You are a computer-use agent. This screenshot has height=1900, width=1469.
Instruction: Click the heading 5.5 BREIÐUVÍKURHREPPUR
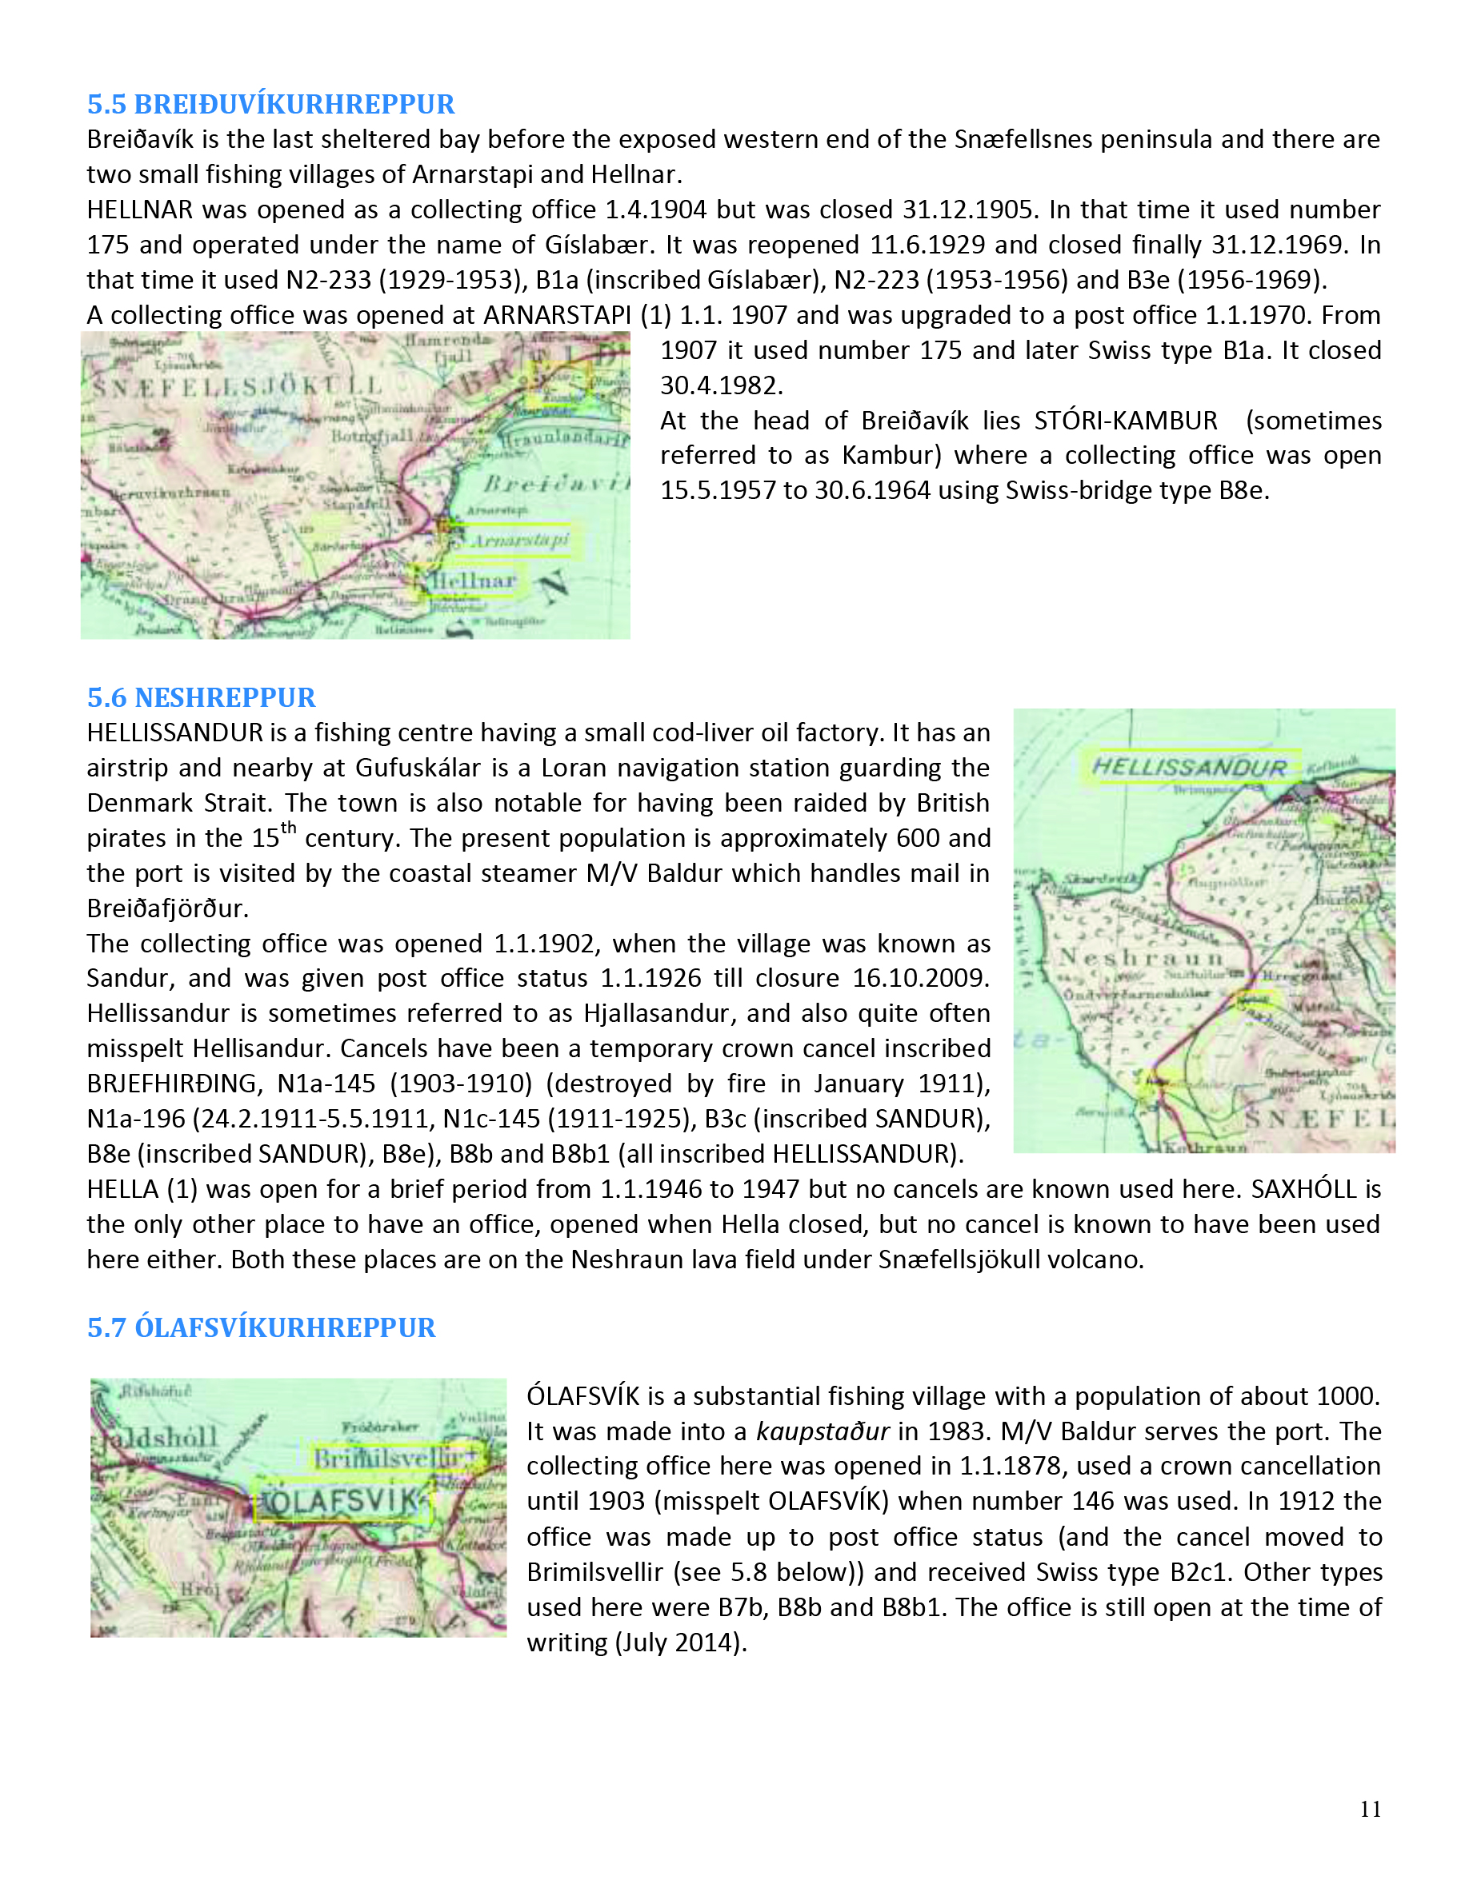point(270,105)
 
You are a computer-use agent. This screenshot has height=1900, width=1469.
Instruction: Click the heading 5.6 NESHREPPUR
point(201,698)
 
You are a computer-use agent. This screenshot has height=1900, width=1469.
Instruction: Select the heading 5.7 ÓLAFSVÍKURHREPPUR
point(261,1327)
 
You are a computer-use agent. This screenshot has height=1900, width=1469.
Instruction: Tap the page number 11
point(1371,1810)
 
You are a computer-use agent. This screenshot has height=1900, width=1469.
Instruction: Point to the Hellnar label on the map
point(475,581)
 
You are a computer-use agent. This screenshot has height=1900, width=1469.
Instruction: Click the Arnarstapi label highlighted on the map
point(519,541)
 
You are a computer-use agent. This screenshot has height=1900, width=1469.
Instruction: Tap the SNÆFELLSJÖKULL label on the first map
point(237,385)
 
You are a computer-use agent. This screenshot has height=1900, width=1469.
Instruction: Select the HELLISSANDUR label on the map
point(1190,768)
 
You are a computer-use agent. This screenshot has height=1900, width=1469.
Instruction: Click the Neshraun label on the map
point(1141,957)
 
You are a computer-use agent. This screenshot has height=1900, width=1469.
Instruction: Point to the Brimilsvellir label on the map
point(390,1457)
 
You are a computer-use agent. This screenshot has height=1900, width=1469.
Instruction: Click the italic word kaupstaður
point(823,1431)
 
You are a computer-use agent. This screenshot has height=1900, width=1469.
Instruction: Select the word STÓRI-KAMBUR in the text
point(1125,421)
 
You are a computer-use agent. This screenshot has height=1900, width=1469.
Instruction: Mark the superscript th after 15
point(288,828)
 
